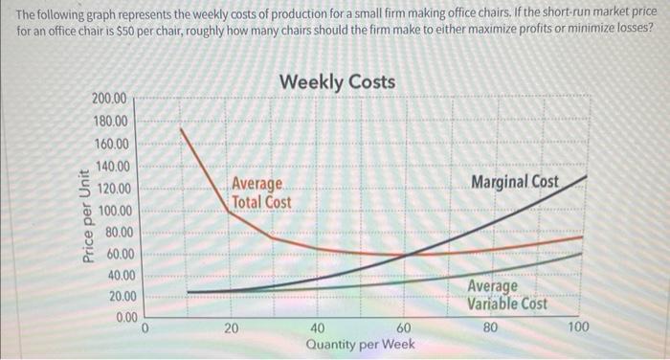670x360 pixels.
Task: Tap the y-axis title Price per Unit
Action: point(87,215)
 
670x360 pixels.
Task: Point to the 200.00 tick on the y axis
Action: point(114,100)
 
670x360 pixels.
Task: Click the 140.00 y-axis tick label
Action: point(114,168)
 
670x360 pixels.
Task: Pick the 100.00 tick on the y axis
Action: point(114,211)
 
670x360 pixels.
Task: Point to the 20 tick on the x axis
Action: point(232,327)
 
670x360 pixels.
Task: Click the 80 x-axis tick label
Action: point(491,327)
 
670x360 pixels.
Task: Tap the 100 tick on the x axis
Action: point(579,327)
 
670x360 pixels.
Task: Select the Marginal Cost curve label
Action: point(515,182)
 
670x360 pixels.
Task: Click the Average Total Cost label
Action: point(261,192)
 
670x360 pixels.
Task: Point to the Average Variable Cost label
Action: point(507,295)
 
